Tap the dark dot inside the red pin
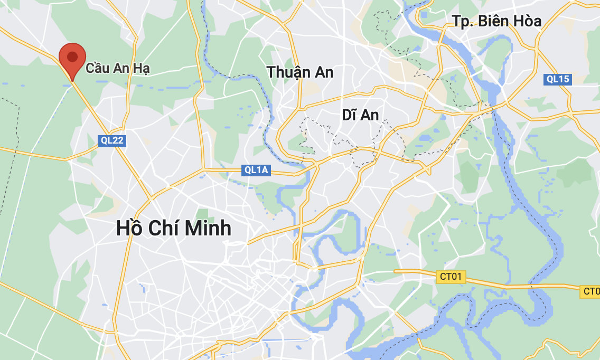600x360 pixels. coord(72,56)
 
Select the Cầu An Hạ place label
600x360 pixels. coord(118,68)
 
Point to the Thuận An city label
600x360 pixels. coord(300,72)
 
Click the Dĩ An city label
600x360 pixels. coord(360,115)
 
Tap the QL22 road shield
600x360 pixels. coord(112,140)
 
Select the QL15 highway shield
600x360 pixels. coord(558,79)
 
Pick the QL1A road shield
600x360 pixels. coord(256,170)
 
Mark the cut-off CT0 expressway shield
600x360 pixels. coord(591,291)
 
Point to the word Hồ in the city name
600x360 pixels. coord(129,228)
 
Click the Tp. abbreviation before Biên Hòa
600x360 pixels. coord(463,22)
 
